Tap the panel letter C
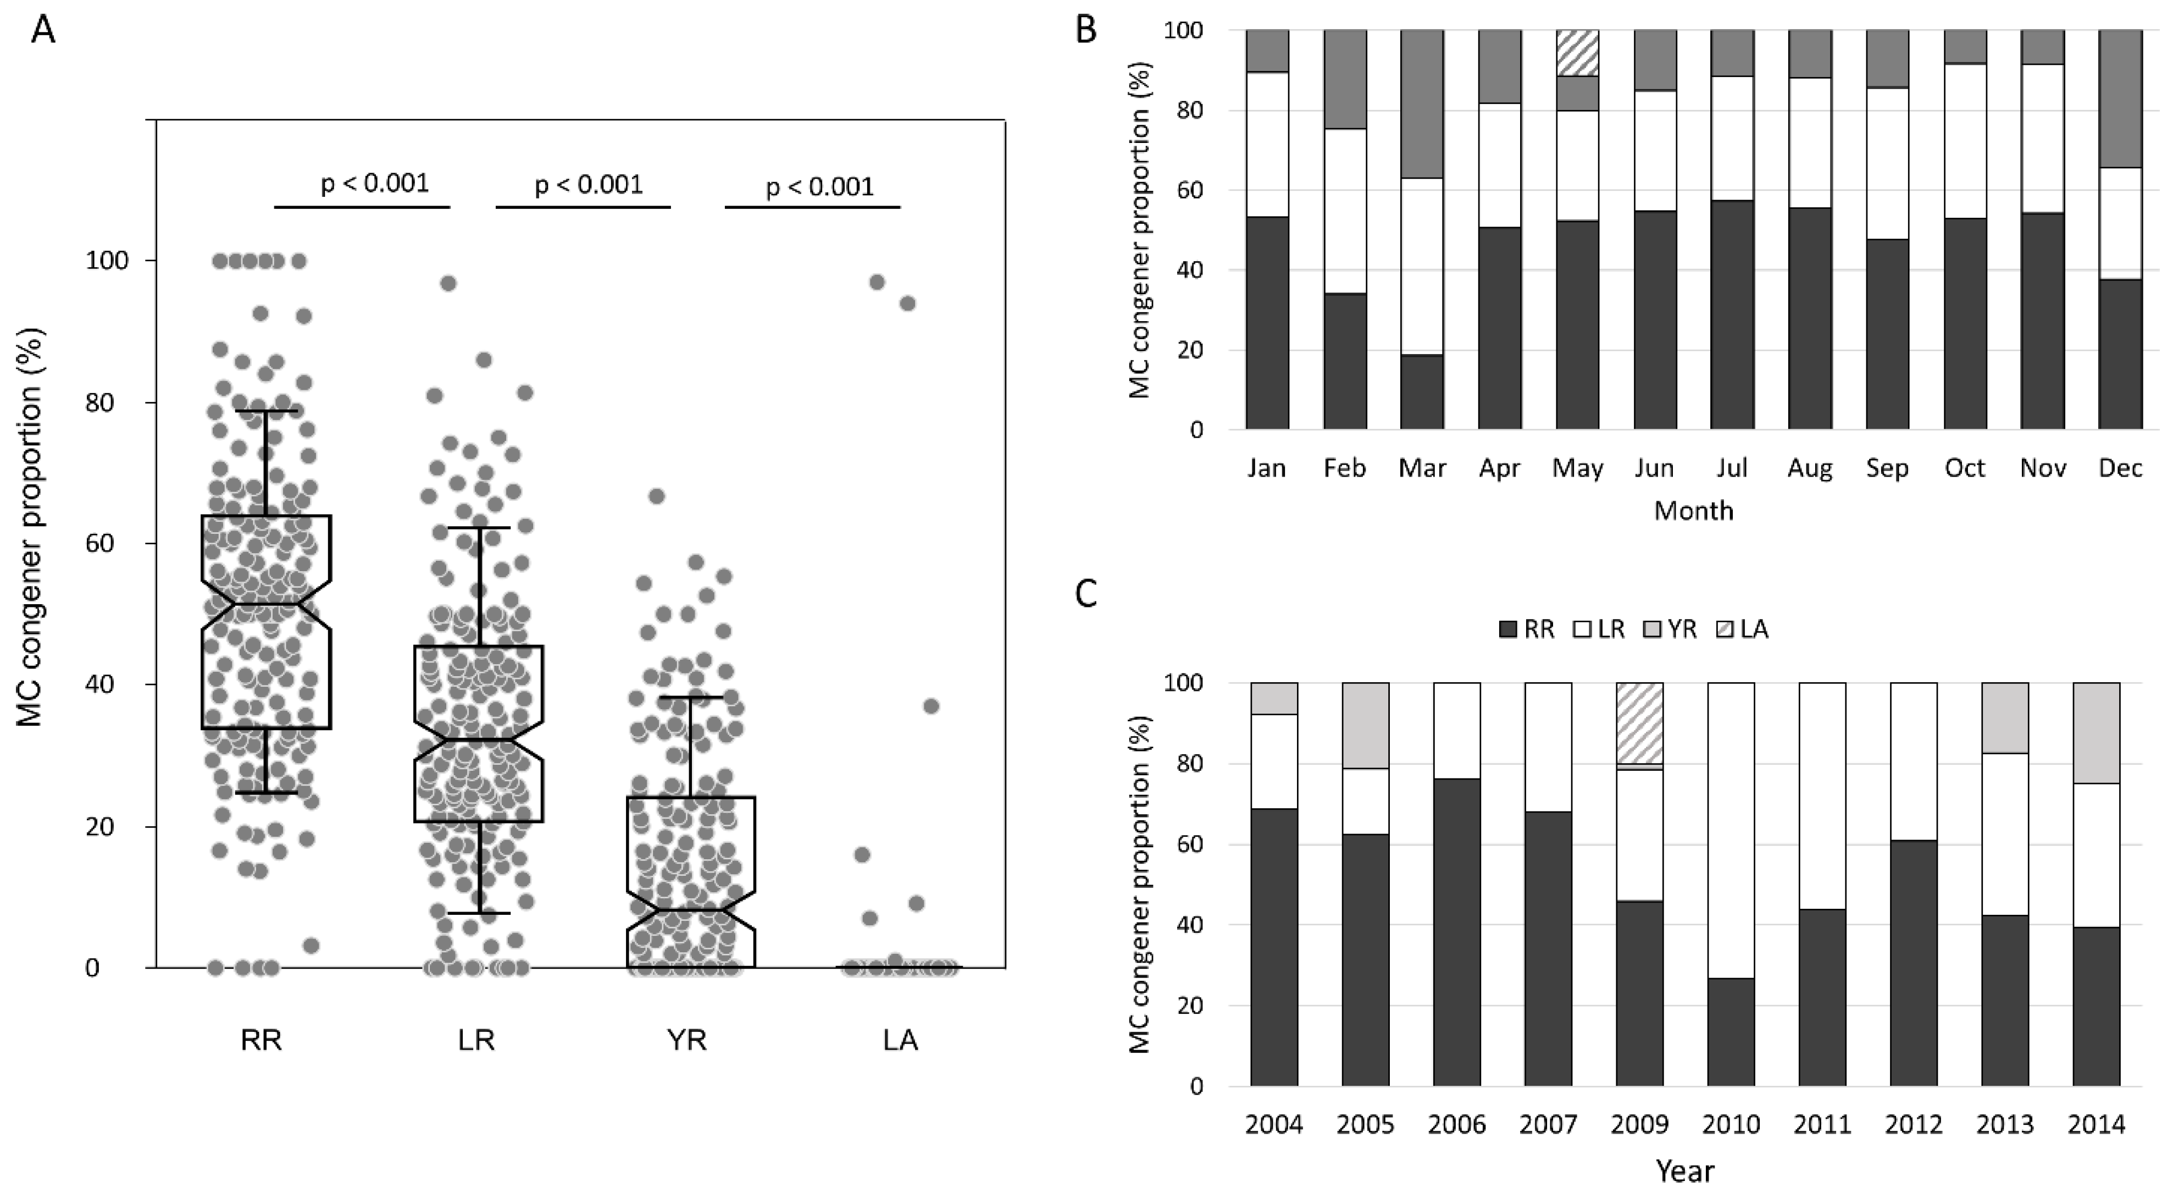1085,594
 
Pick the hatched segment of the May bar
1577,52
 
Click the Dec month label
2120,468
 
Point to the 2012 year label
1914,1123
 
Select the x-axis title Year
1684,1170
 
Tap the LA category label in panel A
901,1040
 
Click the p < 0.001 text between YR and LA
819,186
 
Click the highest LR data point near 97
448,283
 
